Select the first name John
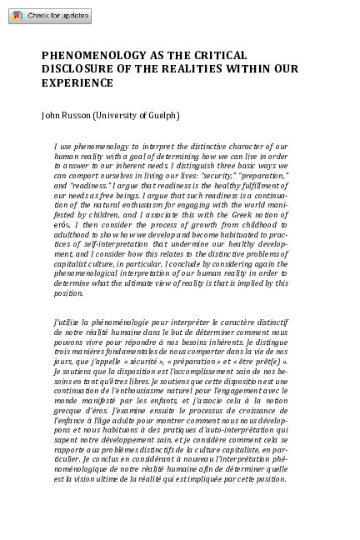pyautogui.click(x=51, y=115)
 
